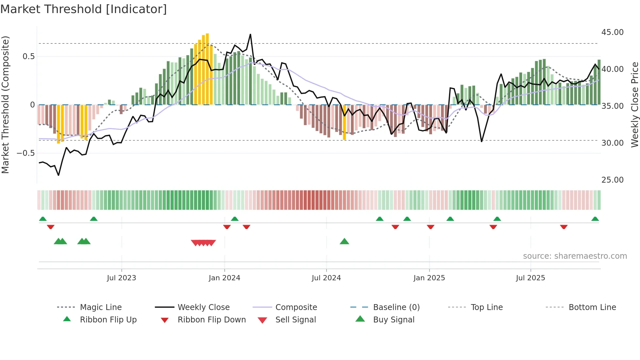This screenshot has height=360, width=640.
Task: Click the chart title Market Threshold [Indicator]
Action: click(84, 9)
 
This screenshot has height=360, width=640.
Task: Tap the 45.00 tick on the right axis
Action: click(612, 32)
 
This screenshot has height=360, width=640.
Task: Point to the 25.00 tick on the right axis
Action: click(612, 180)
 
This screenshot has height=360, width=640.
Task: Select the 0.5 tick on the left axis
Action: click(28, 57)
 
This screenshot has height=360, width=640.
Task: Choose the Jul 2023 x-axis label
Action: click(121, 278)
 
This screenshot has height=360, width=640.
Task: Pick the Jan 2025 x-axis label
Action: click(429, 278)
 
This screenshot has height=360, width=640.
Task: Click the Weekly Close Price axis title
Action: click(634, 105)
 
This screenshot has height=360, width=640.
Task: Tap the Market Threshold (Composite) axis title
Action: click(5, 105)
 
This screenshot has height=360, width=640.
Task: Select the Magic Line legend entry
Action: click(101, 307)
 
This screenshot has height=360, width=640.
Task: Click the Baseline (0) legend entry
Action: click(396, 307)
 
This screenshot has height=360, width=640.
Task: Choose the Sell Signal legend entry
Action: click(295, 320)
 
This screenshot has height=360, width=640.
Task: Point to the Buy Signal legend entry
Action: click(393, 320)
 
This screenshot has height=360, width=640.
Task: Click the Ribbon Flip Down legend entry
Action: click(211, 320)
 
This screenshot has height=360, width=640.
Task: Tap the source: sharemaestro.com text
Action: click(575, 256)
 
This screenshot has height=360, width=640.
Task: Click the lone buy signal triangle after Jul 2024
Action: click(344, 242)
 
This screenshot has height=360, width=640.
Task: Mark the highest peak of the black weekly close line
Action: click(250, 34)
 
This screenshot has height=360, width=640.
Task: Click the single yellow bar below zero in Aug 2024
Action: click(344, 123)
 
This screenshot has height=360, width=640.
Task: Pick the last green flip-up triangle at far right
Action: click(595, 219)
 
